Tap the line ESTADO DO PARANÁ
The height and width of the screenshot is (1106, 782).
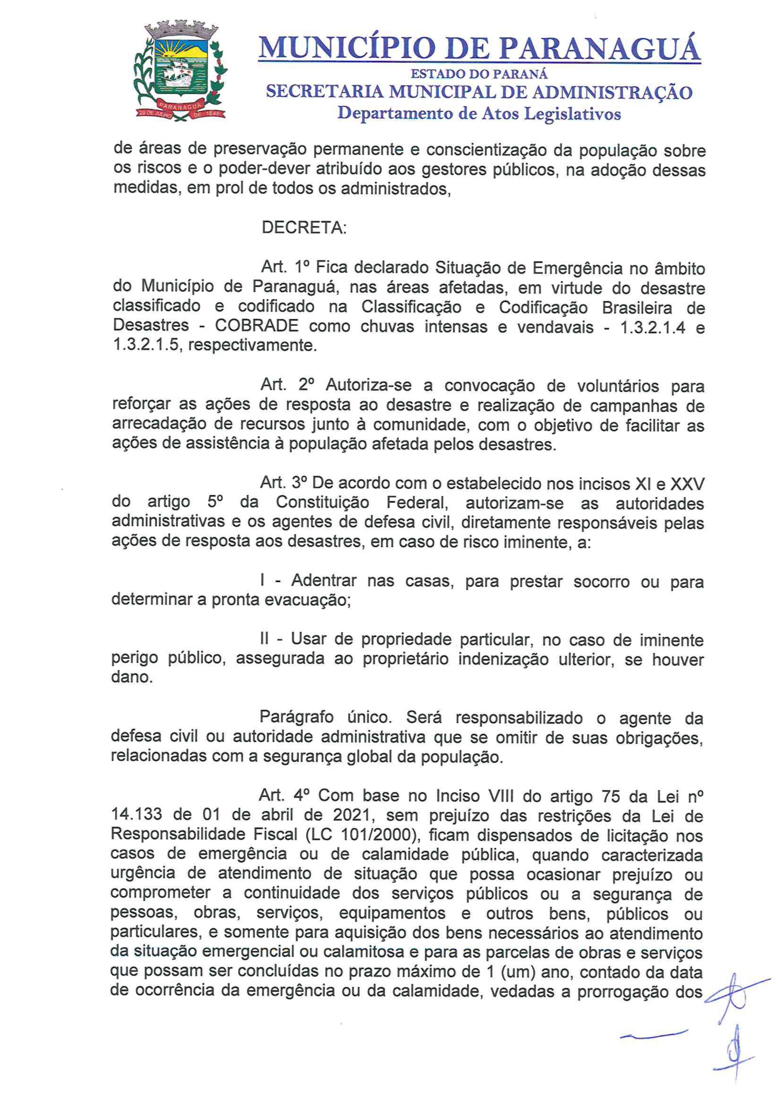click(479, 75)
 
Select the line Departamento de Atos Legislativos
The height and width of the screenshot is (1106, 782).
click(479, 114)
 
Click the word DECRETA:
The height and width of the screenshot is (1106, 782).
click(304, 228)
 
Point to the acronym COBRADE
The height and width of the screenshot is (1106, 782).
click(256, 326)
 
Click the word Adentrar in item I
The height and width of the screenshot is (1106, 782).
click(324, 581)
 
